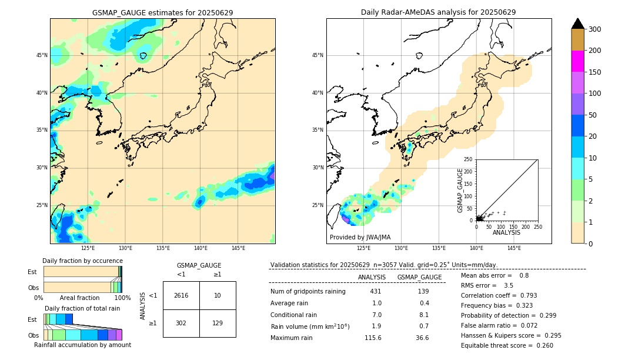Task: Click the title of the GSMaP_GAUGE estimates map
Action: (162, 12)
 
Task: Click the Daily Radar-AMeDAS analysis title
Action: (438, 12)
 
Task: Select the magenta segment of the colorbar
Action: (577, 61)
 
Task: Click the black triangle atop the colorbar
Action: (577, 24)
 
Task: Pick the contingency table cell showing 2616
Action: (181, 295)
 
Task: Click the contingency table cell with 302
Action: (181, 323)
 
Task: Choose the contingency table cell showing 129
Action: (218, 323)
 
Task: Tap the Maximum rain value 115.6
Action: (373, 338)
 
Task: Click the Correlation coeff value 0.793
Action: (524, 295)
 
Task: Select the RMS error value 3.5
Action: (509, 285)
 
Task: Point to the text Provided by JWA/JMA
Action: (360, 238)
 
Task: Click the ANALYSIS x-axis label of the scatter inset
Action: (506, 232)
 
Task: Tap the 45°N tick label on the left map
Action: (41, 55)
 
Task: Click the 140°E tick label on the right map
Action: (476, 248)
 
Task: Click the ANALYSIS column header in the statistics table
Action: (372, 277)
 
